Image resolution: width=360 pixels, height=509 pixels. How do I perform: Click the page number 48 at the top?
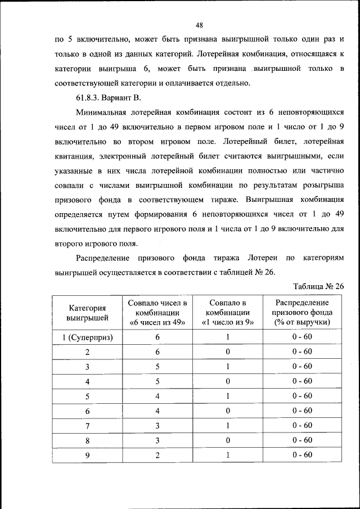[x=199, y=24]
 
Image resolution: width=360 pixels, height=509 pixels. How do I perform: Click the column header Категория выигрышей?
[x=88, y=313]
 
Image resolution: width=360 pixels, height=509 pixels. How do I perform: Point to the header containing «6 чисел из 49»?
[x=157, y=322]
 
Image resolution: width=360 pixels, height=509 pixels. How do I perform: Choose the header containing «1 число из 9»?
[x=228, y=322]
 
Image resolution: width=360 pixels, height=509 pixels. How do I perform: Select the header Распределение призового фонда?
[x=302, y=313]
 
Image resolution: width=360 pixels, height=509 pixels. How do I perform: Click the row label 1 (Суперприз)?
[x=88, y=337]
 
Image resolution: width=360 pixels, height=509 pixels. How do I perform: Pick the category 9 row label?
[x=88, y=455]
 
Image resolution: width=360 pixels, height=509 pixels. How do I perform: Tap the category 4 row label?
[x=88, y=381]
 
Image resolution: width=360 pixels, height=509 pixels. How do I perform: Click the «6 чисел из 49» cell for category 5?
[x=157, y=396]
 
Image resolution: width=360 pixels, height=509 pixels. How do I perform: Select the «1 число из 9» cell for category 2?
[x=228, y=352]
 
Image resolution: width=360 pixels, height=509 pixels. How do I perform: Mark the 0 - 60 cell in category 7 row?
[x=302, y=425]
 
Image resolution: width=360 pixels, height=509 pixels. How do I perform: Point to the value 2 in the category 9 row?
[x=157, y=455]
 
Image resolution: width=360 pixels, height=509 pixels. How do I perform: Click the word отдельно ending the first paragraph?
[x=229, y=83]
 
